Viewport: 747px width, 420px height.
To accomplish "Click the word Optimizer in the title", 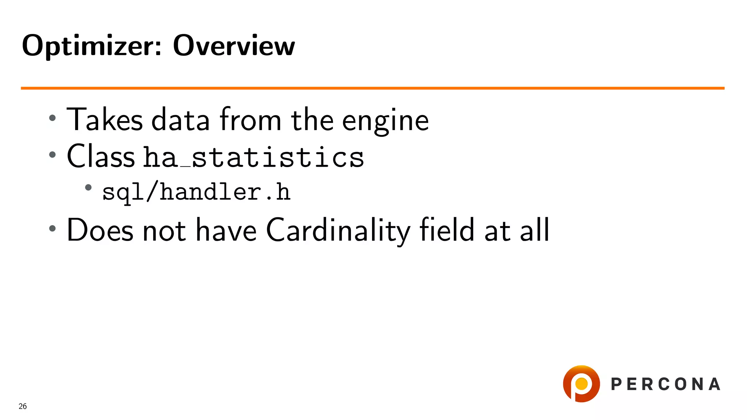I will click(x=92, y=46).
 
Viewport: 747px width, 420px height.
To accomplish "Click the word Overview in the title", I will click(x=234, y=46).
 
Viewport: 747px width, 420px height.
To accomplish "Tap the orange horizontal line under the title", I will click(x=372, y=88).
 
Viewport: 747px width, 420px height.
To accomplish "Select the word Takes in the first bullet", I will click(x=105, y=120).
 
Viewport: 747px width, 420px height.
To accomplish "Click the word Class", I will click(x=101, y=156).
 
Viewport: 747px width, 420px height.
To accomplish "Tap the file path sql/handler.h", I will click(x=196, y=192).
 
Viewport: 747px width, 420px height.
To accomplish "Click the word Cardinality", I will click(x=338, y=230).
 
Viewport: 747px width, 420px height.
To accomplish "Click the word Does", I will click(x=100, y=230).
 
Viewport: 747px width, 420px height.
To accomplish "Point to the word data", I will click(x=181, y=120).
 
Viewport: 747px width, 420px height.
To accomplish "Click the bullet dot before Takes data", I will click(x=53, y=118).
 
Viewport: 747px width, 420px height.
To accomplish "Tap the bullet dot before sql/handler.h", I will click(x=88, y=188).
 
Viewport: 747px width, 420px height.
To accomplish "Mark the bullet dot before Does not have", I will click(x=53, y=229).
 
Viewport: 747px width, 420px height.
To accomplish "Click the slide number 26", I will click(x=23, y=406).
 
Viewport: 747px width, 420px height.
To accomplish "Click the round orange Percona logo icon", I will click(x=581, y=384).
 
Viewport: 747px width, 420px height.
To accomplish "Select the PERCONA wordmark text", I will click(x=666, y=384).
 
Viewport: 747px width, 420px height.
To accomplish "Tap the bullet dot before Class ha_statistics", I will click(x=53, y=155).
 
